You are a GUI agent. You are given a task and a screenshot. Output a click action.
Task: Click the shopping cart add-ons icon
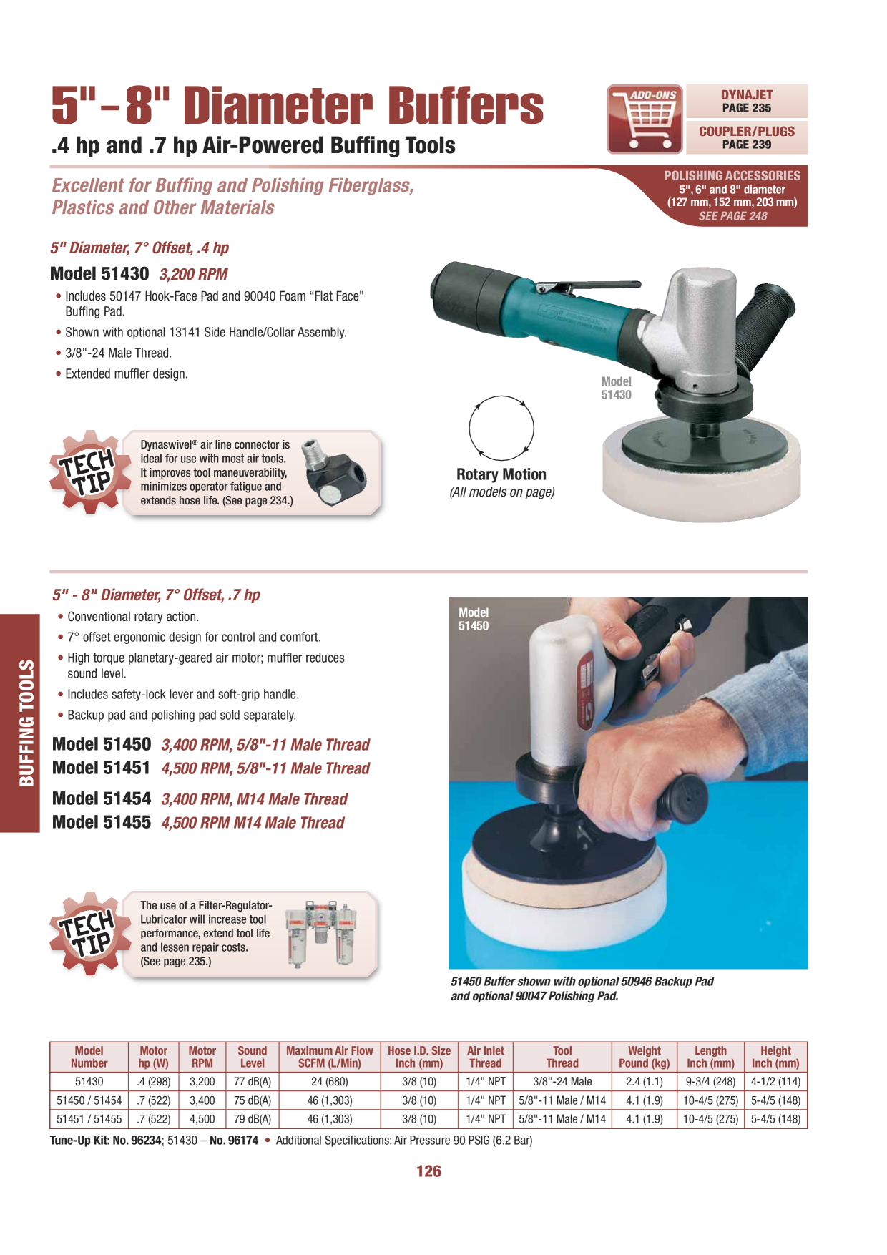pyautogui.click(x=645, y=119)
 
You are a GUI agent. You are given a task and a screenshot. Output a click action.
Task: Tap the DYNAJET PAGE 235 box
pyautogui.click(x=747, y=101)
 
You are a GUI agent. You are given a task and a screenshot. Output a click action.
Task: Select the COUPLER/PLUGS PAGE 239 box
pyautogui.click(x=747, y=137)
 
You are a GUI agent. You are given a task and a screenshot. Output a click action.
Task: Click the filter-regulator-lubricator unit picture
pyautogui.click(x=320, y=933)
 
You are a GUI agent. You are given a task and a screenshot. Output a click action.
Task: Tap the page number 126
pyautogui.click(x=428, y=1171)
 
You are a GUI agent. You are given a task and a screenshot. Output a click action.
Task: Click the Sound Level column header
pyautogui.click(x=253, y=1057)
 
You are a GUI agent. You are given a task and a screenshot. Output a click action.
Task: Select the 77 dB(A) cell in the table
pyautogui.click(x=253, y=1081)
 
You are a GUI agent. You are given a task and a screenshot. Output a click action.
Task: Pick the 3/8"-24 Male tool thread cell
pyautogui.click(x=562, y=1081)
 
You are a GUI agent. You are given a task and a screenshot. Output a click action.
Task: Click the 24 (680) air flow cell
pyautogui.click(x=329, y=1081)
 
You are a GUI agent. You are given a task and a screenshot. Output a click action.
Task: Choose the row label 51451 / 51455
pyautogui.click(x=89, y=1119)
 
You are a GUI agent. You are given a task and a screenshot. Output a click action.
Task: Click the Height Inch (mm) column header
pyautogui.click(x=775, y=1057)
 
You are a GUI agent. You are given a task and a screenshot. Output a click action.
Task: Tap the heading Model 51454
pyautogui.click(x=102, y=799)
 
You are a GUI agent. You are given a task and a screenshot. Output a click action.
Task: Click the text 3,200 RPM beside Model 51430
pyautogui.click(x=193, y=274)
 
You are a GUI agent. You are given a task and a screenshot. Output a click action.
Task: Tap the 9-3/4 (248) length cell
pyautogui.click(x=710, y=1081)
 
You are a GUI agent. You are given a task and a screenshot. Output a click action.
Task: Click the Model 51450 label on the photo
pyautogui.click(x=474, y=620)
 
